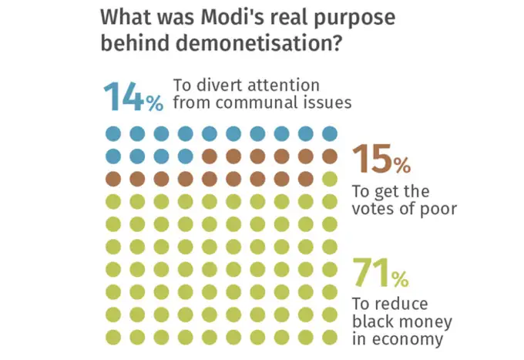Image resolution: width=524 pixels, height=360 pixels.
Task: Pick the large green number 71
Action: pos(370,271)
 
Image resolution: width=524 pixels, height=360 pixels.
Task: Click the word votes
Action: pos(374,209)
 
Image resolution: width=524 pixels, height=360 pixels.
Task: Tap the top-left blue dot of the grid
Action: pos(113,133)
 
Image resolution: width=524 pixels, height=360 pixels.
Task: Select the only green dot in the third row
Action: pos(330,180)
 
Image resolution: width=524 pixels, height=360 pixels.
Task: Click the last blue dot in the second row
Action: pos(186,156)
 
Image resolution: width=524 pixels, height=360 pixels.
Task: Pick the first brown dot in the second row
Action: pos(210,156)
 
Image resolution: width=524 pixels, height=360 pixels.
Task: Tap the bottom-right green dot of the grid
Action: pos(330,337)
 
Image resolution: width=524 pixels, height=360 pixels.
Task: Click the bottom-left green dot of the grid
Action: pos(113,337)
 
